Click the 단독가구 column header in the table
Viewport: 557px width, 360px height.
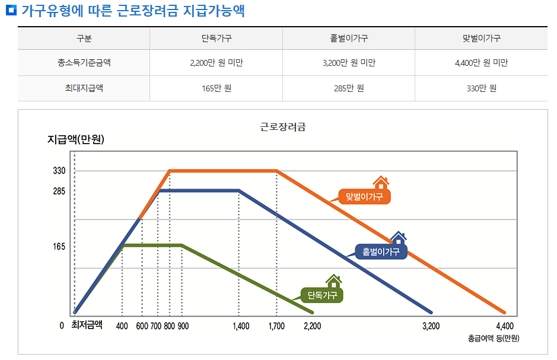point(216,39)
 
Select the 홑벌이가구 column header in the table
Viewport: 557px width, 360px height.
point(349,39)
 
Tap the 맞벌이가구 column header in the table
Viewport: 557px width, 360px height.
point(481,39)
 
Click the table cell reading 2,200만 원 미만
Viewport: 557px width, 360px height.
point(216,63)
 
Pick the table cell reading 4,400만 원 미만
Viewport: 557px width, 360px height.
point(481,63)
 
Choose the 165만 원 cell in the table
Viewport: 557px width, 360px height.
point(216,88)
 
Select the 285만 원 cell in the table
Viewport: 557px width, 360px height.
point(349,88)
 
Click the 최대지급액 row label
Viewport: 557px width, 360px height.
point(84,88)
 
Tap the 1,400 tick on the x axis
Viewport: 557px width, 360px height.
point(241,326)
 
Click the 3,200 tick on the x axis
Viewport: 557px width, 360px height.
point(431,326)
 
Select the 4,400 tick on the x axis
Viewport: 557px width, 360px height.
point(504,326)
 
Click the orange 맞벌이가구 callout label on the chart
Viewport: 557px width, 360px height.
point(364,196)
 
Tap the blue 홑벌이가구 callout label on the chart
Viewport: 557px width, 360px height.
point(381,252)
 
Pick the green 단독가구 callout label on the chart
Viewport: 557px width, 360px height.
point(322,294)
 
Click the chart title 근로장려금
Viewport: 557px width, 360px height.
point(283,126)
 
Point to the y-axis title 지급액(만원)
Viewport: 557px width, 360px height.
point(76,140)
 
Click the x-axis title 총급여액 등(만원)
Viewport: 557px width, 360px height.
point(494,339)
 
